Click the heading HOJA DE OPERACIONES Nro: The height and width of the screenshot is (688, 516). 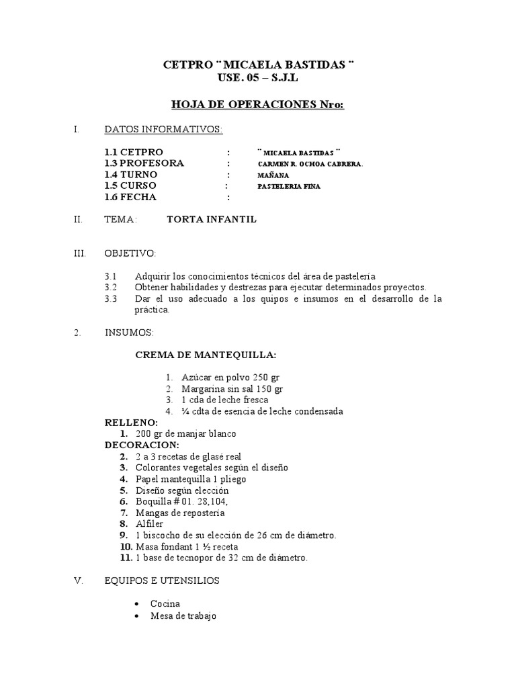(258, 105)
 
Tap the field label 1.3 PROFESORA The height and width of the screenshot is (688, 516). (144, 163)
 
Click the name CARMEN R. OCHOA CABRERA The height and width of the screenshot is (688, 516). (310, 164)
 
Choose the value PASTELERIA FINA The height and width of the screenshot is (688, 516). (289, 187)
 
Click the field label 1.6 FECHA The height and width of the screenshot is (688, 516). (130, 198)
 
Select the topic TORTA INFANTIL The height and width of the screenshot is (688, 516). (212, 220)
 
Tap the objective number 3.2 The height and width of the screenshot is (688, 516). (111, 287)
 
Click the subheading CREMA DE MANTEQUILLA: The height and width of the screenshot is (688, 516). (206, 354)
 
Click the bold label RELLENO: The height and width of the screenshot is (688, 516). (131, 423)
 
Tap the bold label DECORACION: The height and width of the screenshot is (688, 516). (142, 445)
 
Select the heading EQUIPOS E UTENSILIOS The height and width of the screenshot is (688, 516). (171, 580)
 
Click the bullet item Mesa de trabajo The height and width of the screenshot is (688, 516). (183, 615)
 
